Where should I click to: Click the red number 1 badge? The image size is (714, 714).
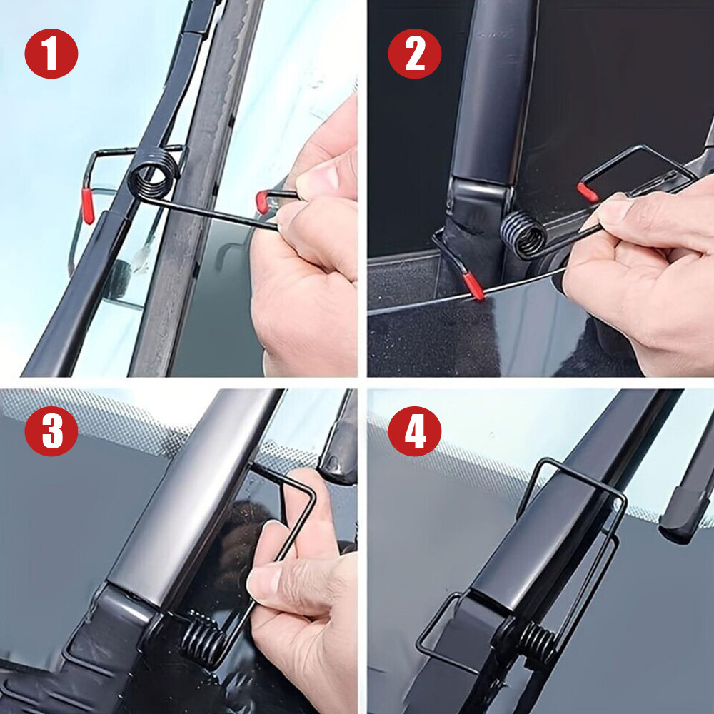point(51,54)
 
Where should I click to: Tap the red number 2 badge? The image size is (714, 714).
point(415,54)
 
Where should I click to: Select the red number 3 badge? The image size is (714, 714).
point(51,432)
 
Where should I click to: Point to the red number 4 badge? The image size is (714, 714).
point(415,432)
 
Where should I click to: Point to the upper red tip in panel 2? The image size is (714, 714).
point(587,192)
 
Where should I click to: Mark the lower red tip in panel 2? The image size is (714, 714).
point(472,286)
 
